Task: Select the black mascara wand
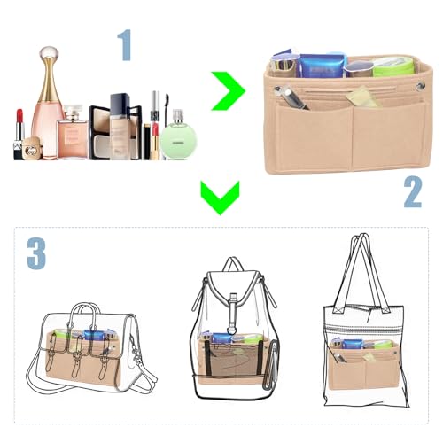(x=155, y=124)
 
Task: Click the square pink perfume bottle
(x=73, y=133)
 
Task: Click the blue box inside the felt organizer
(x=323, y=66)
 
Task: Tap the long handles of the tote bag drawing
(x=361, y=266)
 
